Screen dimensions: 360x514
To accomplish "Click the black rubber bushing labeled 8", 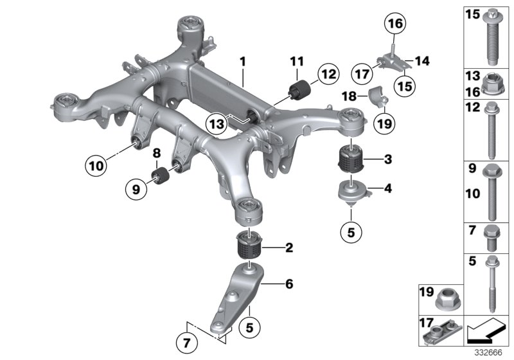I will [159, 175].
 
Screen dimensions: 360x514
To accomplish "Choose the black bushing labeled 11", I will [299, 89].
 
